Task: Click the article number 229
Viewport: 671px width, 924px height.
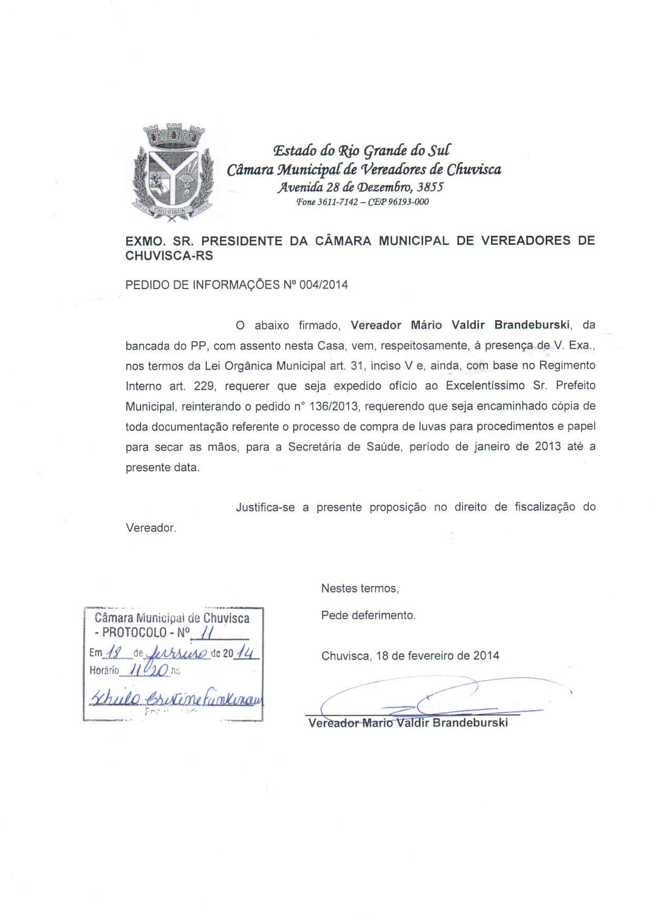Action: coord(204,385)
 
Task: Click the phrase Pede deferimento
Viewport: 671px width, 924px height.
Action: coord(368,615)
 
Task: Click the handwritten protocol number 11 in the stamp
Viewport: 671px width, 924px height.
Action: coord(206,631)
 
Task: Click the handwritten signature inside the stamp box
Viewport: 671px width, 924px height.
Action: coord(176,698)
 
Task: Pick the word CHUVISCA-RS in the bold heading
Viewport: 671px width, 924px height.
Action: coord(169,256)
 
